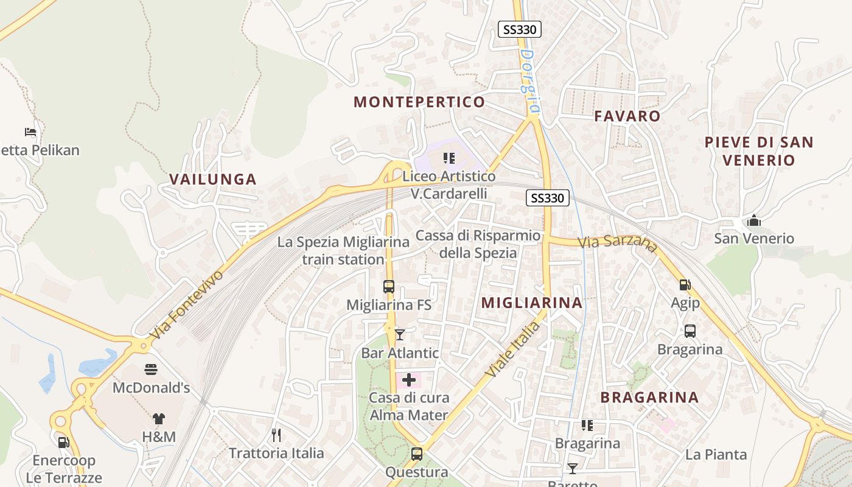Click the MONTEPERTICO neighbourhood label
pyautogui.click(x=419, y=102)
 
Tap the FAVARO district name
pyautogui.click(x=627, y=116)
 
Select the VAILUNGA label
pyautogui.click(x=213, y=180)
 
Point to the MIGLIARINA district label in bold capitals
pyautogui.click(x=532, y=303)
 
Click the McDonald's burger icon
pyautogui.click(x=151, y=370)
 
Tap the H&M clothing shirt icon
pyautogui.click(x=159, y=419)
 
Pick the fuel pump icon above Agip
pyautogui.click(x=685, y=284)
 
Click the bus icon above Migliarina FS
pyautogui.click(x=389, y=286)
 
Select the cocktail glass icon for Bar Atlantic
pyautogui.click(x=400, y=335)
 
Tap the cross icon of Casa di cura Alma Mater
pyautogui.click(x=409, y=380)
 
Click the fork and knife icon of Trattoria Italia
pyautogui.click(x=276, y=435)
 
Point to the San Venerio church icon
pyautogui.click(x=754, y=220)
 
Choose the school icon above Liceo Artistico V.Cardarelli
pyautogui.click(x=450, y=159)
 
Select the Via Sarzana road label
pyautogui.click(x=618, y=243)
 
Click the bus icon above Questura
pyautogui.click(x=417, y=454)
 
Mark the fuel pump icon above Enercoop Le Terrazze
pyautogui.click(x=63, y=443)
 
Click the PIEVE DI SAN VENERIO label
pyautogui.click(x=759, y=151)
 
